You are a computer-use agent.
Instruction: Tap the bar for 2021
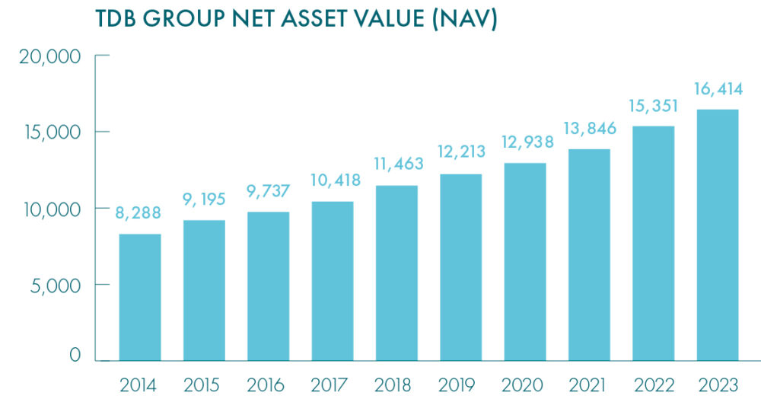coord(588,254)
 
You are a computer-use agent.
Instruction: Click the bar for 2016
coord(267,286)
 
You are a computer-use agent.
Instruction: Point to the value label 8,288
coord(139,214)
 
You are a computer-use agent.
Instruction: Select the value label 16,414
coord(717,91)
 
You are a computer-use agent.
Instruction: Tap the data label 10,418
coord(331,182)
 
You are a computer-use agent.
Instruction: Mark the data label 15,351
coord(652,107)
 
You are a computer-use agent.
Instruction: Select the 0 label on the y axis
coord(75,356)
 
